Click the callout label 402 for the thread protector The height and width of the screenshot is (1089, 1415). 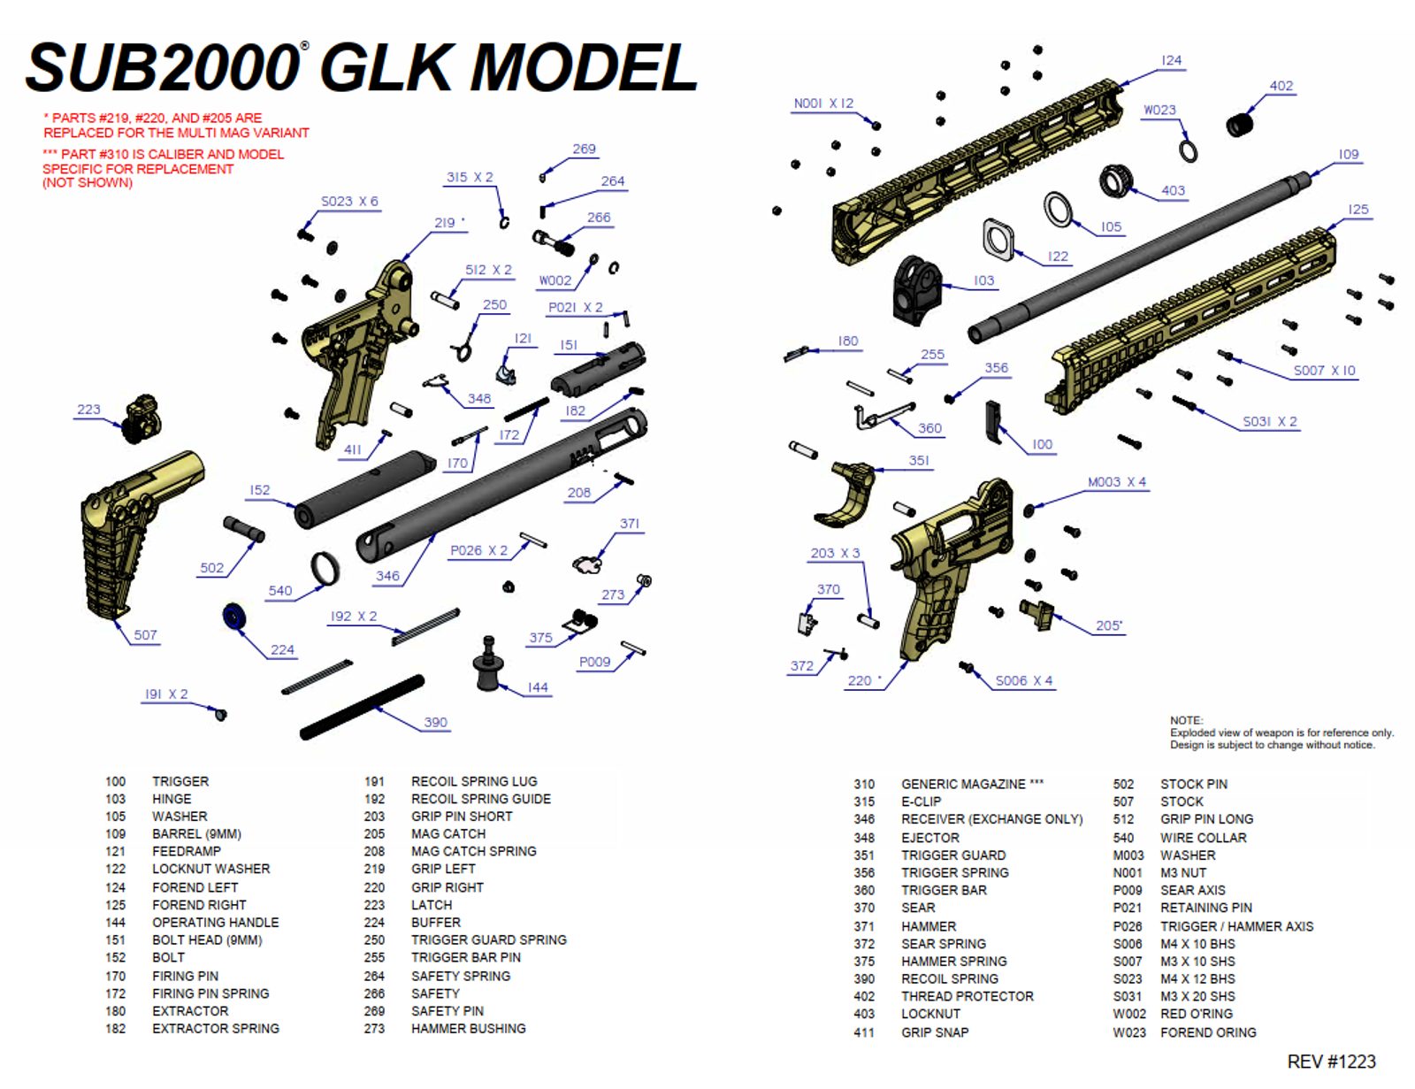point(1281,86)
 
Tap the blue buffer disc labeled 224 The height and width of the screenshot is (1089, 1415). point(233,617)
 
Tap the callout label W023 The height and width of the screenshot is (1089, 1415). point(1159,111)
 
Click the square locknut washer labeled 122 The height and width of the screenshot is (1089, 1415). point(998,238)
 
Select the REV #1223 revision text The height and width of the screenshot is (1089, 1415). point(1331,1062)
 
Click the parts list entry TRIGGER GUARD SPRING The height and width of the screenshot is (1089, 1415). point(488,939)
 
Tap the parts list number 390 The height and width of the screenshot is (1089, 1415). point(864,978)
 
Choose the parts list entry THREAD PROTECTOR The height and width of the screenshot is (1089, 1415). point(967,996)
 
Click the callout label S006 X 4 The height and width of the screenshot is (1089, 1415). point(1023,681)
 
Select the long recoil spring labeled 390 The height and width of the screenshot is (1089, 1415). point(363,708)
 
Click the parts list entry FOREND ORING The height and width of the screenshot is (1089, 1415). point(1208,1032)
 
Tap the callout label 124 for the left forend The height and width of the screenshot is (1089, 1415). point(1171,60)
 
